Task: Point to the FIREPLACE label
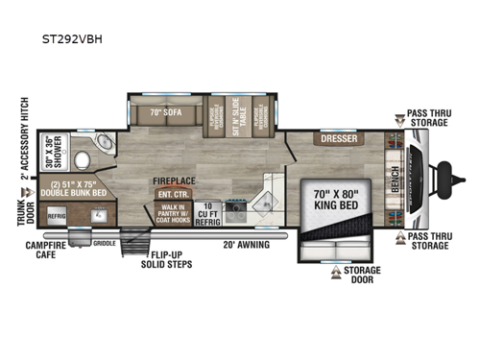click(173, 180)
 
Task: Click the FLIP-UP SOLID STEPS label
click(166, 259)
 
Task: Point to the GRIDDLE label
click(105, 244)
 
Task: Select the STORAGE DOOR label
click(363, 276)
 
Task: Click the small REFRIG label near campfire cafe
click(56, 216)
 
